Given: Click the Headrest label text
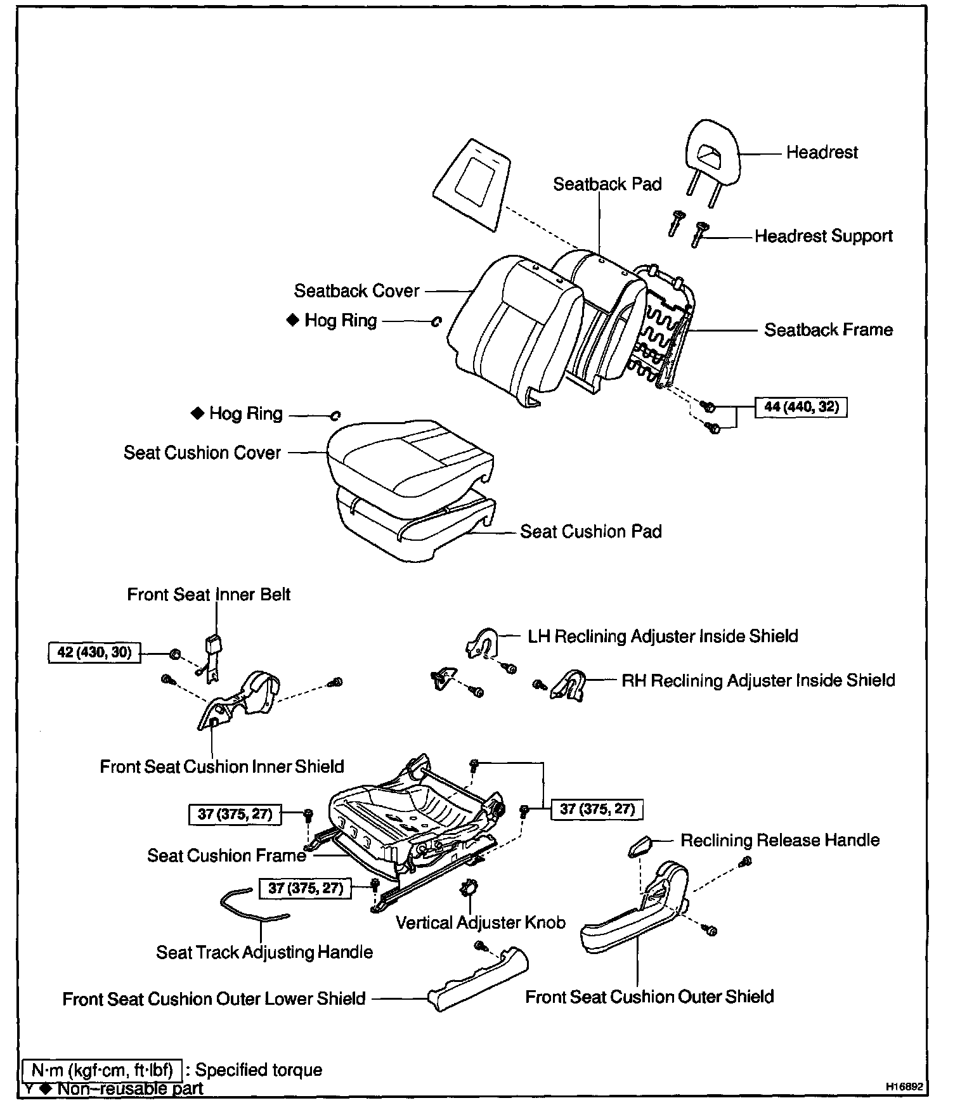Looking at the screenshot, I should pyautogui.click(x=821, y=153).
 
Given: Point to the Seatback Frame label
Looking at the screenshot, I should pyautogui.click(x=828, y=330).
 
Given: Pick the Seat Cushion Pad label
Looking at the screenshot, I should pyautogui.click(x=590, y=531).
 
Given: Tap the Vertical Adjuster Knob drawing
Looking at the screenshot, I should pyautogui.click(x=470, y=889).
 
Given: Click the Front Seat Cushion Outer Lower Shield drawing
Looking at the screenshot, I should pyautogui.click(x=479, y=980).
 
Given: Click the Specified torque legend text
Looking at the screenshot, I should pyautogui.click(x=259, y=1070).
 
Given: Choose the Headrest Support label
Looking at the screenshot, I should pyautogui.click(x=823, y=236).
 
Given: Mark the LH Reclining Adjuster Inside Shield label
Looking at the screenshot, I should pyautogui.click(x=663, y=636).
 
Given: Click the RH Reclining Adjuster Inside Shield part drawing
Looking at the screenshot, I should pyautogui.click(x=569, y=684).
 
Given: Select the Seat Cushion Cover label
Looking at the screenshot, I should pyautogui.click(x=202, y=453).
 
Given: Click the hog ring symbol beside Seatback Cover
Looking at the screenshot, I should pyautogui.click(x=436, y=322).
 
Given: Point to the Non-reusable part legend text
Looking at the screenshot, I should pyautogui.click(x=130, y=1089).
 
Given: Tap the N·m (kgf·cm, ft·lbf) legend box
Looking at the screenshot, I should pyautogui.click(x=103, y=1070).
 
